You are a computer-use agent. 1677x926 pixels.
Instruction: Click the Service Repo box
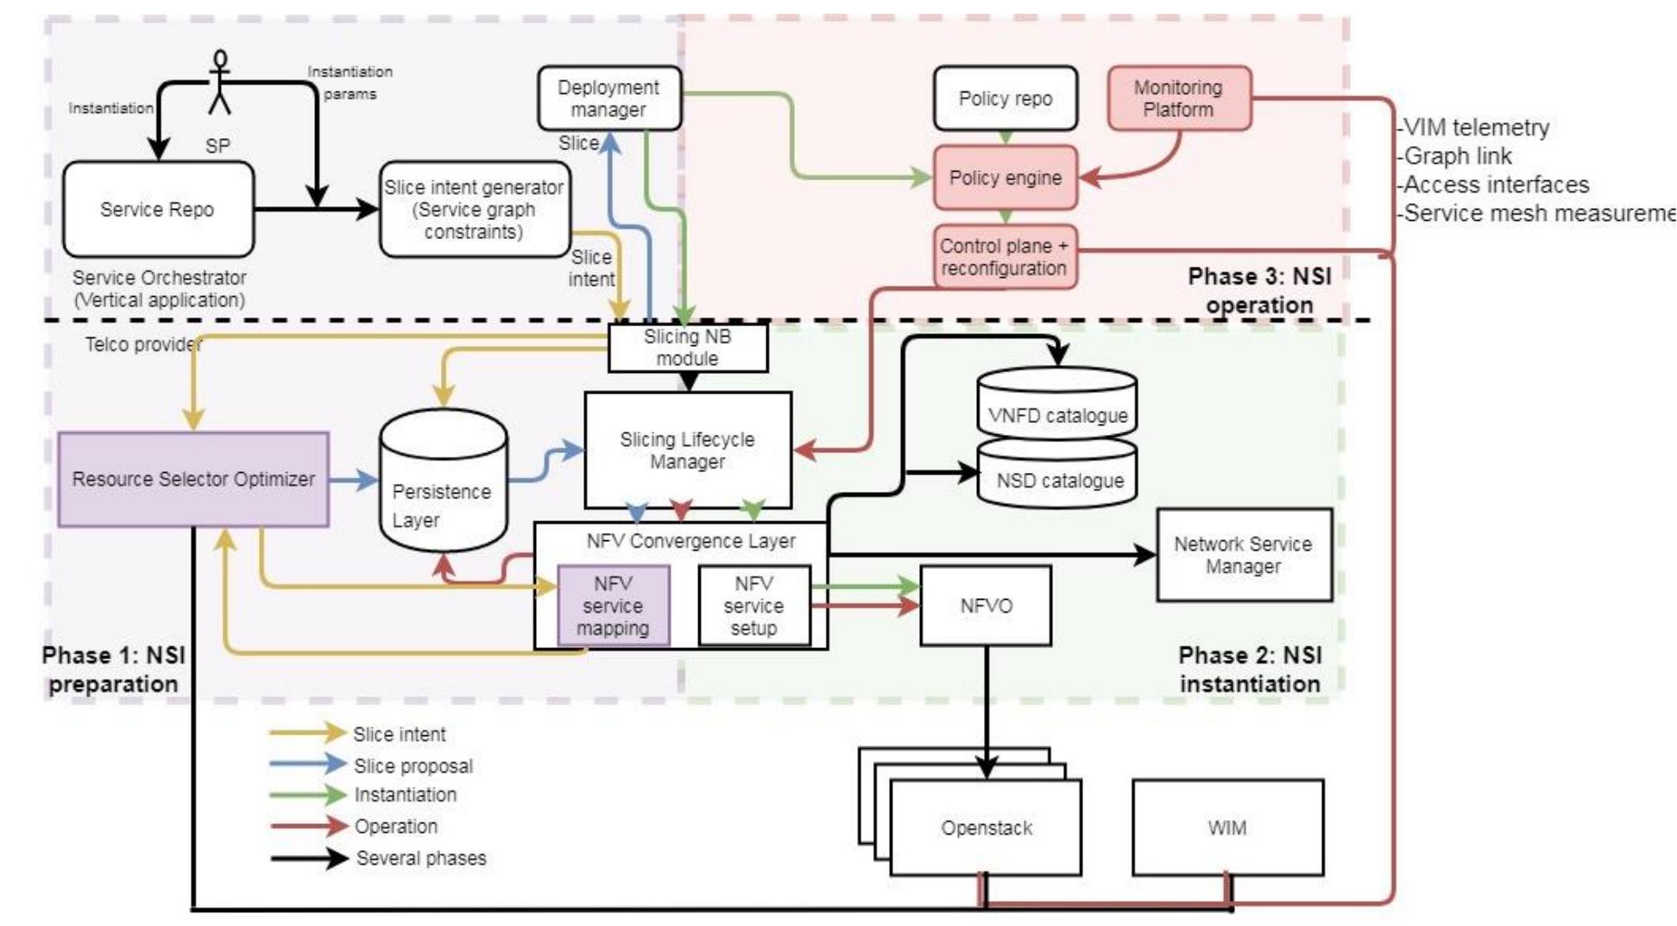(158, 210)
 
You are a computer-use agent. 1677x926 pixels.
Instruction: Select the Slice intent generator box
(475, 210)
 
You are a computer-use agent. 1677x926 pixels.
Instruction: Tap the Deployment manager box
(609, 98)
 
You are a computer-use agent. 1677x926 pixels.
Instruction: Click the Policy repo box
(1005, 98)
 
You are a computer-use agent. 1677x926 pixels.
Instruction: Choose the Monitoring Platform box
(1178, 98)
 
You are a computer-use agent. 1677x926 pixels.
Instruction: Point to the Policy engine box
(1005, 178)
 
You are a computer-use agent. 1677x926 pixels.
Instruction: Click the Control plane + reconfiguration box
(1005, 257)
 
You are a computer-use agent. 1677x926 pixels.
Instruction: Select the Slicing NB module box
(687, 348)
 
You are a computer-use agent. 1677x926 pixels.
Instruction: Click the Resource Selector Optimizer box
(193, 479)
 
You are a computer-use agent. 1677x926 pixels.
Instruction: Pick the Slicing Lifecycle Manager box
(687, 450)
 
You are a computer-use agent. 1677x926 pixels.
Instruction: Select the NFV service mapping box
(613, 606)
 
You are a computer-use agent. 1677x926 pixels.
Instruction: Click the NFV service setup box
(753, 606)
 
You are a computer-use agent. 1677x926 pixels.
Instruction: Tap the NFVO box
(985, 606)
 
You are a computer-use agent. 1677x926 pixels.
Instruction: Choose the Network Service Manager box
(1243, 555)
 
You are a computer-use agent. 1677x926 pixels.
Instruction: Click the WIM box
(1226, 828)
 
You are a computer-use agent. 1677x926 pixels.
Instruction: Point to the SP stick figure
(220, 83)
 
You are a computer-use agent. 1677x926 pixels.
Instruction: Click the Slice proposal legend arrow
(307, 764)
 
